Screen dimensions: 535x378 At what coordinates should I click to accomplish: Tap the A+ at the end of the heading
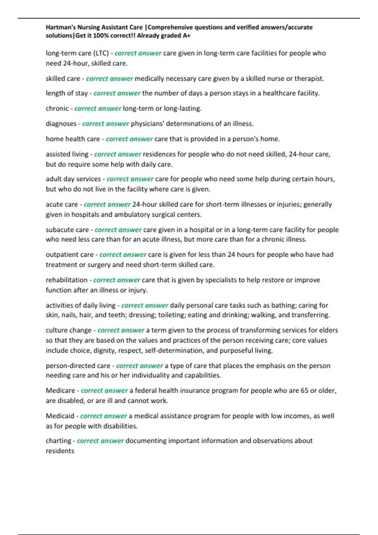tap(186, 36)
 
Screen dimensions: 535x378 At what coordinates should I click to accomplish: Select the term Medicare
tap(60, 391)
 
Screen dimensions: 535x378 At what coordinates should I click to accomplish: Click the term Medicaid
tap(60, 416)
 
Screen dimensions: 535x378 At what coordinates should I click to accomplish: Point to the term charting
tap(58, 441)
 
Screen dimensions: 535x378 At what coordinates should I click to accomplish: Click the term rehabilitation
tap(66, 280)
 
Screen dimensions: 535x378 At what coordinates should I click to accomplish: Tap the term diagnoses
tap(61, 124)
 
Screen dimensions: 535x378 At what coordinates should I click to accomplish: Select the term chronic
tap(57, 109)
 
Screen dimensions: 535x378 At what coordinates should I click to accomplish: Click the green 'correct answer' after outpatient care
tap(123, 255)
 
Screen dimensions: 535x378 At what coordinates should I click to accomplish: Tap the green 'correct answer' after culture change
tap(121, 330)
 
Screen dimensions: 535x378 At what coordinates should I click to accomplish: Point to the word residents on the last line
tap(60, 451)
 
